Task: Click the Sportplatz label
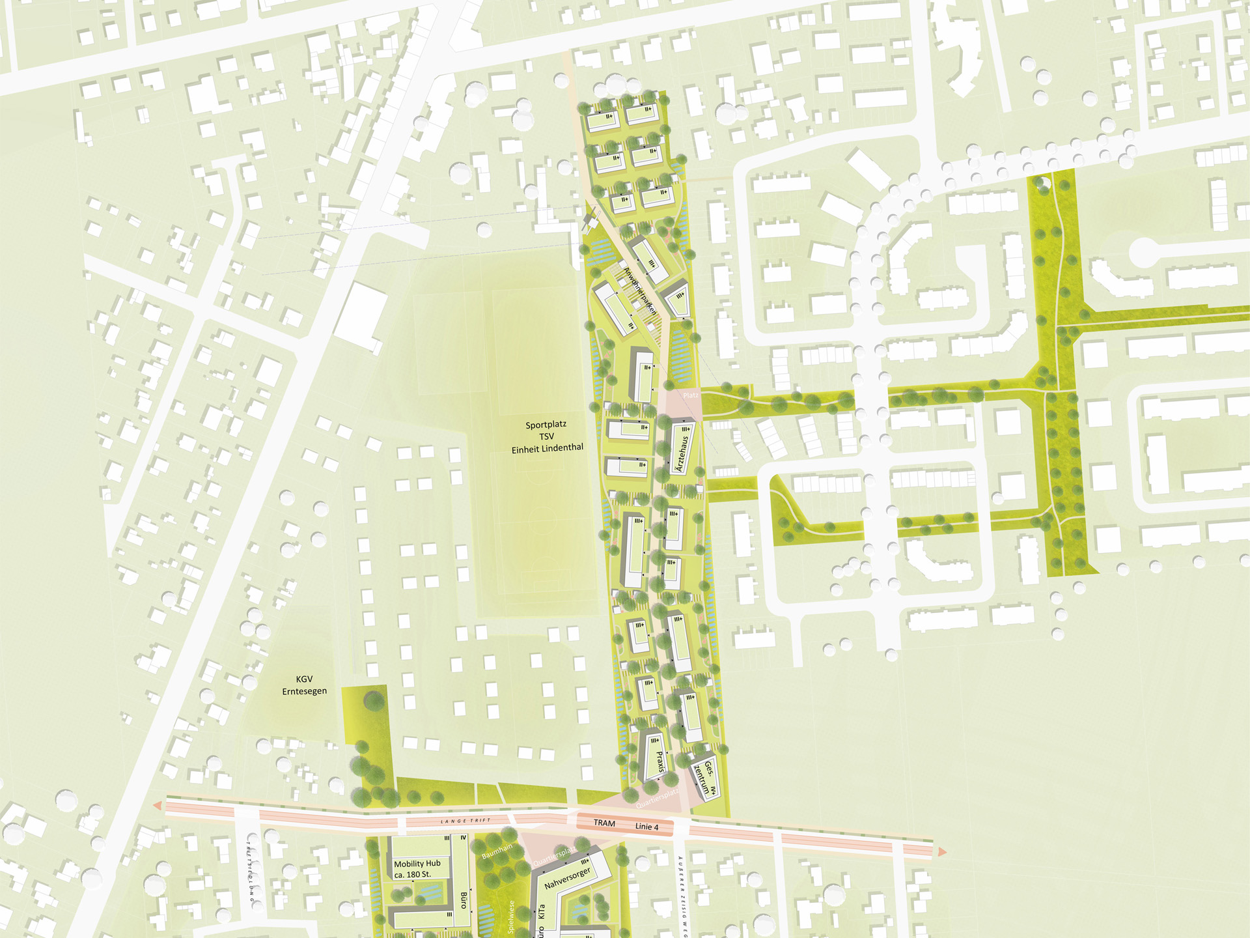point(546,425)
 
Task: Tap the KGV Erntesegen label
point(304,685)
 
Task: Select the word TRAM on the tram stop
point(604,823)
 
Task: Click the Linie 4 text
point(646,827)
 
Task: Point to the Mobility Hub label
point(417,863)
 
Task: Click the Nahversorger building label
point(567,878)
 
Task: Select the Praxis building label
point(660,761)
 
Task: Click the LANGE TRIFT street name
point(465,821)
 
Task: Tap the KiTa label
point(541,911)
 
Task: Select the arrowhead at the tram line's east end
point(940,852)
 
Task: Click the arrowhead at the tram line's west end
point(158,806)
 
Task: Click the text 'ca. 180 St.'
point(412,874)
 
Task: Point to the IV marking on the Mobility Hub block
point(464,838)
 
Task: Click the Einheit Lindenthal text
point(547,448)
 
